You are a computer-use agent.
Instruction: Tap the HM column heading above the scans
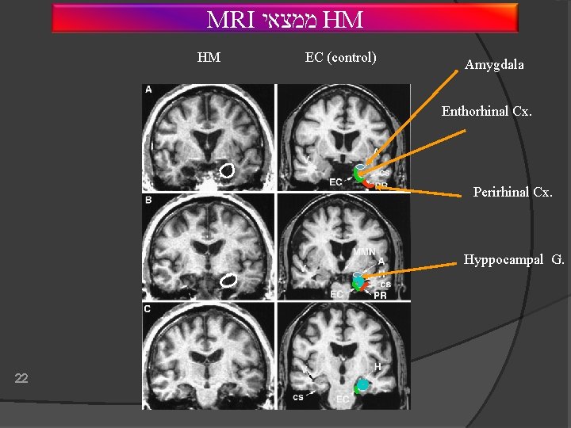[209, 57]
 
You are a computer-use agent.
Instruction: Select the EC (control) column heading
[340, 57]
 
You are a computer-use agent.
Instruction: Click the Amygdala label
[494, 65]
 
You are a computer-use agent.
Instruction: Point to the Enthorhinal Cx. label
[486, 112]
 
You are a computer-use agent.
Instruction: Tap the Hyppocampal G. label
[514, 260]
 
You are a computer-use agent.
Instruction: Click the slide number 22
[21, 378]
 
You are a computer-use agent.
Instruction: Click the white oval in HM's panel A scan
[227, 170]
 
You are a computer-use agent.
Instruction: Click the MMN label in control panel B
[364, 252]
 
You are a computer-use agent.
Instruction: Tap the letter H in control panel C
[377, 367]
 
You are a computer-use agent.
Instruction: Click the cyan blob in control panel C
[362, 386]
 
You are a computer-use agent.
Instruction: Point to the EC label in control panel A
[336, 184]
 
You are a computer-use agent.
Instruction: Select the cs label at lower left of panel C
[298, 396]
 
